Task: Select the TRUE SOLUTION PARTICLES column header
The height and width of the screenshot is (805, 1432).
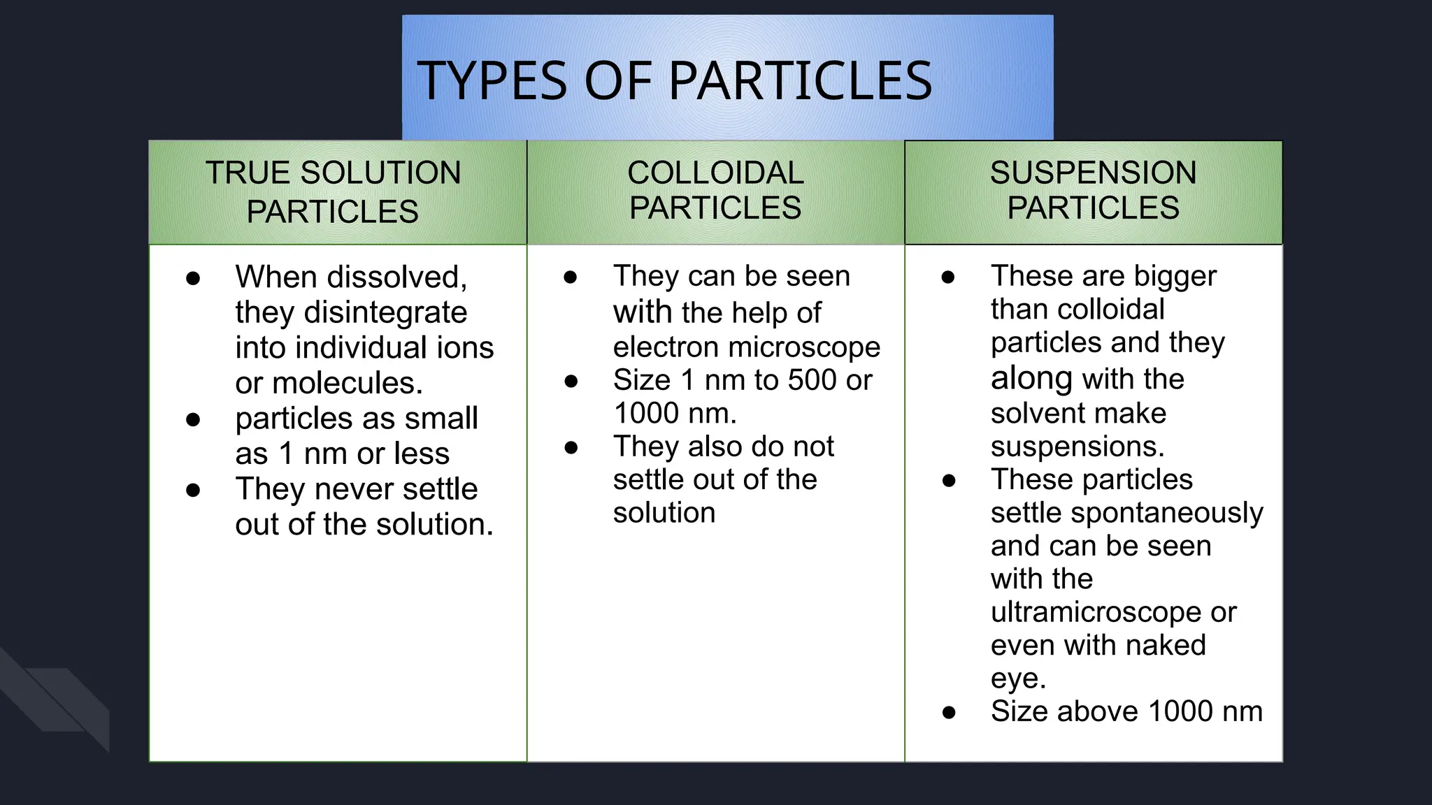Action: tap(333, 192)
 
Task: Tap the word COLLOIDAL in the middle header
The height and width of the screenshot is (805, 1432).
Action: tap(715, 173)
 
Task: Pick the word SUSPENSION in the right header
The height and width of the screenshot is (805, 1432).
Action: tap(1093, 173)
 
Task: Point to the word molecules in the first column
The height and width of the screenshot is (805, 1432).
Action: tap(347, 383)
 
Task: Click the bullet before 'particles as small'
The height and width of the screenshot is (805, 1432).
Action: tap(194, 419)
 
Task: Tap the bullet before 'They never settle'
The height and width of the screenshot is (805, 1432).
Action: tap(194, 490)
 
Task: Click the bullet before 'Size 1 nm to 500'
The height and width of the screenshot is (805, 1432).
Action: tap(571, 381)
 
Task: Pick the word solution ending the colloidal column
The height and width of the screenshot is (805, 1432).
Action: tap(664, 513)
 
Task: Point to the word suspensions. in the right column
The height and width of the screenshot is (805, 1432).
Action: tap(1077, 447)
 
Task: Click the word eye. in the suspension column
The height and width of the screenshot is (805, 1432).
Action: tap(1018, 679)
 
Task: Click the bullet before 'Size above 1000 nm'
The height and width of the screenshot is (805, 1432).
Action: tap(949, 712)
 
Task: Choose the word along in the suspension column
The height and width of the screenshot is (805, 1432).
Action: tap(1031, 379)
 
